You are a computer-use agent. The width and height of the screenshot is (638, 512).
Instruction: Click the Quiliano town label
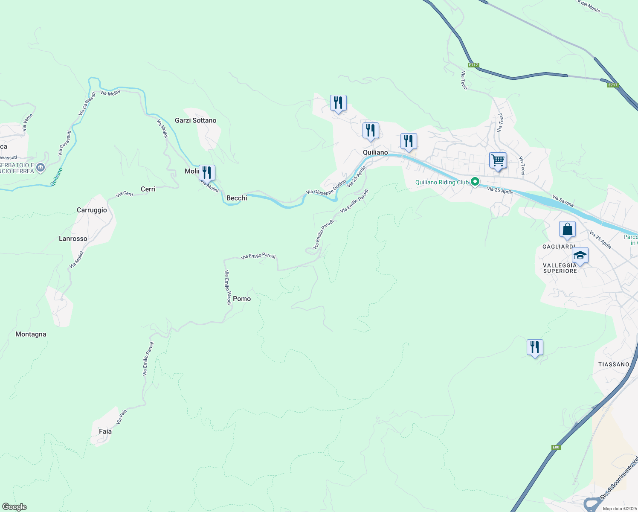click(x=375, y=152)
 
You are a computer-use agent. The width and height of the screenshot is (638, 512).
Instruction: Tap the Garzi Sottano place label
click(x=195, y=120)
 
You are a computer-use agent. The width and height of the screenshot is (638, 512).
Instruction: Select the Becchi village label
click(x=237, y=198)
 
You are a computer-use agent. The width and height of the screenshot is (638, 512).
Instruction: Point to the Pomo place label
click(x=242, y=299)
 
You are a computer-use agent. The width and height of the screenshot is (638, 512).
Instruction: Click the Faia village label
click(x=105, y=431)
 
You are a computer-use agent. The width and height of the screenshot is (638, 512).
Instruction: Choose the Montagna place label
click(x=31, y=334)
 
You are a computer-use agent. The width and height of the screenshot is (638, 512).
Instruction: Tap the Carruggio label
click(x=92, y=210)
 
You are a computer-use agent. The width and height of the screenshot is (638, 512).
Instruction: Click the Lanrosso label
click(x=73, y=239)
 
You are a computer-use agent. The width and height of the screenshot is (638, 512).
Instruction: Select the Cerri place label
click(x=148, y=189)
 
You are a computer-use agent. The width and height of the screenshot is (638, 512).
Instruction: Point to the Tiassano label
click(x=614, y=364)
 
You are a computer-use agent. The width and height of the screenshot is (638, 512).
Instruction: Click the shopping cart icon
click(x=498, y=161)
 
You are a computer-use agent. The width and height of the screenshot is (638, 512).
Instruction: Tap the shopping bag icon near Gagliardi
click(x=567, y=229)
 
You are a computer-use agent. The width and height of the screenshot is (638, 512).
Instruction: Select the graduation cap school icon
click(x=580, y=256)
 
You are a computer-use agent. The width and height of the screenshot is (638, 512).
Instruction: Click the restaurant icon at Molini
click(x=207, y=172)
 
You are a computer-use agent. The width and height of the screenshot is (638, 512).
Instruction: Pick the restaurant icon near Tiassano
click(x=535, y=347)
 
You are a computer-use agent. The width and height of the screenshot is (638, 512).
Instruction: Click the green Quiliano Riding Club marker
click(x=475, y=182)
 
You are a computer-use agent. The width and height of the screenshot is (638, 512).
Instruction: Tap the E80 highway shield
click(x=555, y=447)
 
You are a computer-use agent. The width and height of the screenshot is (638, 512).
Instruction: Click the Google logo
click(x=14, y=507)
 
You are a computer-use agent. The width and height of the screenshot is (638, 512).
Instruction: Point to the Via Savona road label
click(x=563, y=201)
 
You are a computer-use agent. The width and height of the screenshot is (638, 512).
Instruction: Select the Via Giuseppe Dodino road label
click(x=326, y=188)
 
